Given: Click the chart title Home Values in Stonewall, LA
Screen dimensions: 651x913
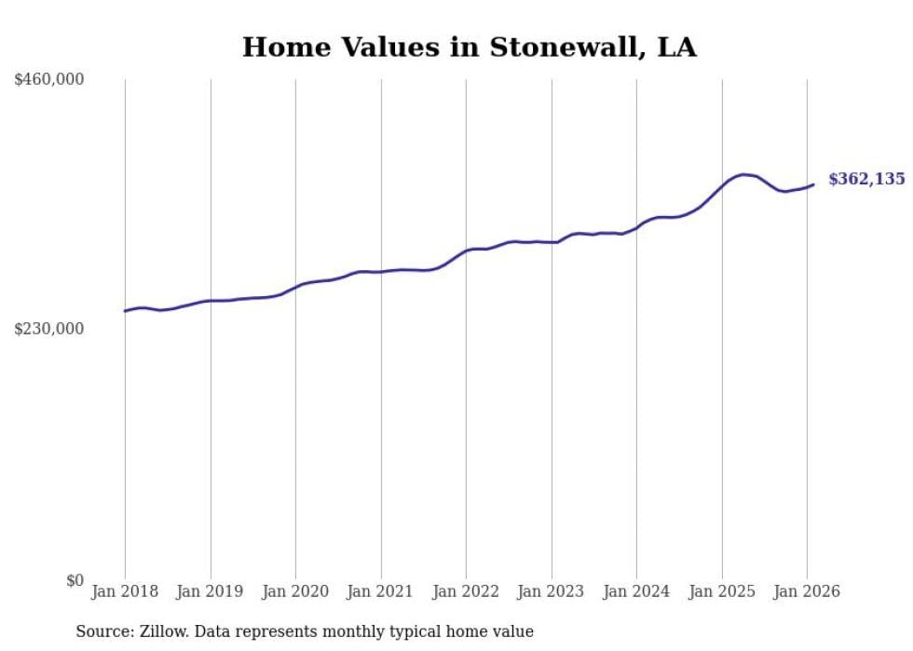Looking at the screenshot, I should (469, 47).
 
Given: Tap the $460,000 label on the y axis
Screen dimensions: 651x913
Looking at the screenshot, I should (49, 80).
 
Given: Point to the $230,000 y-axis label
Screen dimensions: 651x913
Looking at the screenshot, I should (49, 329).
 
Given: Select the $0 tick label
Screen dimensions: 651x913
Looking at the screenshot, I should (75, 580).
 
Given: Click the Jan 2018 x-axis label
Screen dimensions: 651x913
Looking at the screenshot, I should (125, 592).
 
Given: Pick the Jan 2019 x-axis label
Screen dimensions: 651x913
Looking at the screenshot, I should (210, 592).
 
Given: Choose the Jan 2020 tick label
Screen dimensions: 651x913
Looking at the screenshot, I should (295, 592).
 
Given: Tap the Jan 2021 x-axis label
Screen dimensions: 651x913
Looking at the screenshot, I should (380, 592).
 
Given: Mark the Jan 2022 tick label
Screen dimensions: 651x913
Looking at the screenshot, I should (466, 592).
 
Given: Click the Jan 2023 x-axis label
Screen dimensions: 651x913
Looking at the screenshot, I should (551, 592).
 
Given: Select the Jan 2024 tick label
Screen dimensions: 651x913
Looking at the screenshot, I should (636, 592).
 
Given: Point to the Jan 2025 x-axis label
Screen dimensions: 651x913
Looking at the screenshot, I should (721, 592).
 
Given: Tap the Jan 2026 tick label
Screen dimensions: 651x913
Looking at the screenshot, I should (807, 592).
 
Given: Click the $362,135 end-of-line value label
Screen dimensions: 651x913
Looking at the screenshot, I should (866, 179).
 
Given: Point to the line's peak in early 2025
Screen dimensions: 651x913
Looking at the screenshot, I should (743, 174).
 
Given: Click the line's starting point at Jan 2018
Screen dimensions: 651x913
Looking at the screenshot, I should (125, 311).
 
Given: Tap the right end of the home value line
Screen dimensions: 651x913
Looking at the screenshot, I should (813, 184).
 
